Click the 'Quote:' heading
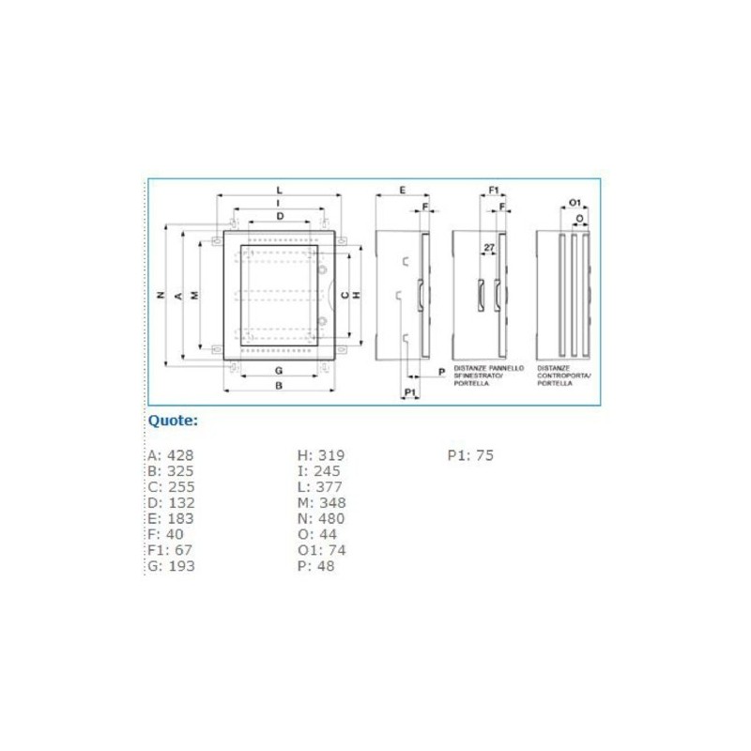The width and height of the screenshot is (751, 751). point(173,421)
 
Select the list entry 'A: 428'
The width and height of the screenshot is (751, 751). point(170,455)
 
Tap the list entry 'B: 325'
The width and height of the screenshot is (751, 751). point(170,471)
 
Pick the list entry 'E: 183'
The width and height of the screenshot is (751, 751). point(170,518)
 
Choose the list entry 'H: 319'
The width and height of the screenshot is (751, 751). point(321,455)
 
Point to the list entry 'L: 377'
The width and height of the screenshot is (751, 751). point(320,486)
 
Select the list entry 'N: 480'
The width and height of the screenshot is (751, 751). point(321,518)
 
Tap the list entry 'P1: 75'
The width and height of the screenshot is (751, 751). point(470,455)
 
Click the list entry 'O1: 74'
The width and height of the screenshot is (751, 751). point(320,550)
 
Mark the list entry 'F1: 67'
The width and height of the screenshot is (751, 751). point(170,550)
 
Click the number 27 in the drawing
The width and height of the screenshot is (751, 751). point(488,248)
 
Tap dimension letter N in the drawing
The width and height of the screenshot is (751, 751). point(161,295)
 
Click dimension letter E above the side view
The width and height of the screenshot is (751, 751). point(401,191)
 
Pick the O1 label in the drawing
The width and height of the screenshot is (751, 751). point(575,203)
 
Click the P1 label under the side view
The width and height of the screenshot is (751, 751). point(409,391)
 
